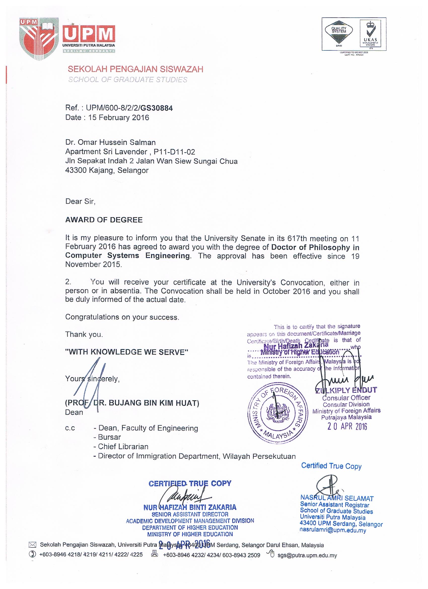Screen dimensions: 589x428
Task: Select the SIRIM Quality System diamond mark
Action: click(339, 34)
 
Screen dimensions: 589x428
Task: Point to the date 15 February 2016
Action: click(119, 118)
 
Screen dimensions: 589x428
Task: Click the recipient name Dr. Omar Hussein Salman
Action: click(110, 142)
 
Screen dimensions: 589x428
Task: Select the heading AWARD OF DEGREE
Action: click(104, 220)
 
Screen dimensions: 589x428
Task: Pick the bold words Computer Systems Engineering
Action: click(127, 255)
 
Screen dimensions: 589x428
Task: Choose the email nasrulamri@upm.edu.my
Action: click(333, 530)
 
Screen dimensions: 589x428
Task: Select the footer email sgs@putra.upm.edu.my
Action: click(307, 555)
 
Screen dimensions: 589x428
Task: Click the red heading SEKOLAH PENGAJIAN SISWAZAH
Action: click(135, 69)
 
